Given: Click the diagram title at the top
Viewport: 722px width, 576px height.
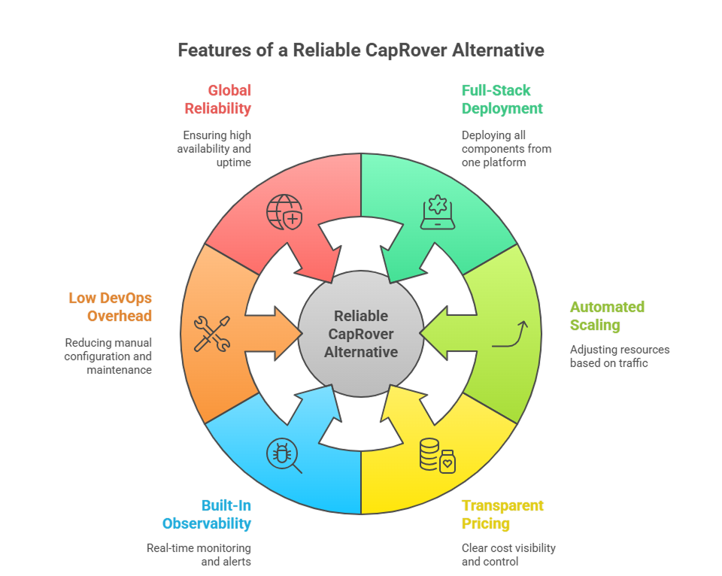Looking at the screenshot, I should [x=361, y=50].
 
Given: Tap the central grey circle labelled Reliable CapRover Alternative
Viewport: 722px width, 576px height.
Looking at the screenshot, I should [x=361, y=332].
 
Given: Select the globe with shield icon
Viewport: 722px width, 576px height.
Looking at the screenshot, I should [x=284, y=212].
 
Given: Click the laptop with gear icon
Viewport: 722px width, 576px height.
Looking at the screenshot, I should [x=438, y=212].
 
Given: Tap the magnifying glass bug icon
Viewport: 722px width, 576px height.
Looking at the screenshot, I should [x=284, y=456].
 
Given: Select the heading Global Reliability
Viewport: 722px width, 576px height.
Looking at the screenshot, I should [x=218, y=99].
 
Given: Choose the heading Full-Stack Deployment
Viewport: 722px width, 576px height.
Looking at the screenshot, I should [x=502, y=99].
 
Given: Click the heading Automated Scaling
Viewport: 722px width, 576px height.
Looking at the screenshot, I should [x=607, y=316].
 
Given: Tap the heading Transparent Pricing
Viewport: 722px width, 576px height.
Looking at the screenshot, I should [x=502, y=514].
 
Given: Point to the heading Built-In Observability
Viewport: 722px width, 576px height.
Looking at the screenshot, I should [x=207, y=514].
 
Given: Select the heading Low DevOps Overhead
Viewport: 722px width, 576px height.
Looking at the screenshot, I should [x=111, y=307].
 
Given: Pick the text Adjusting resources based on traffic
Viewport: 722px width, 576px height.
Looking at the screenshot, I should [x=619, y=356].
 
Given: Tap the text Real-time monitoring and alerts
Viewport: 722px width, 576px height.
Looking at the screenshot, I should [x=199, y=555].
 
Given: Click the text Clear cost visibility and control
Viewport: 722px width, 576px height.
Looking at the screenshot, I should [x=508, y=555].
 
